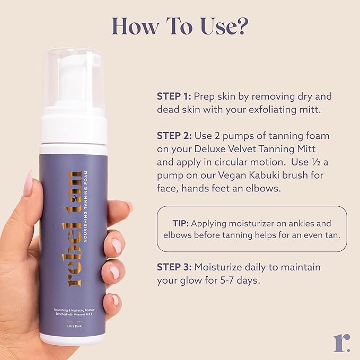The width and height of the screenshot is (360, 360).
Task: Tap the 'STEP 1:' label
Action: click(173, 96)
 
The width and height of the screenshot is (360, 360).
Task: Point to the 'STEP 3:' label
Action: click(174, 267)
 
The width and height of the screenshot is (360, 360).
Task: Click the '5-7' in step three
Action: click(229, 281)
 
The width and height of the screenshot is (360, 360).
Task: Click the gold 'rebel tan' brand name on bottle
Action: click(73, 228)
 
